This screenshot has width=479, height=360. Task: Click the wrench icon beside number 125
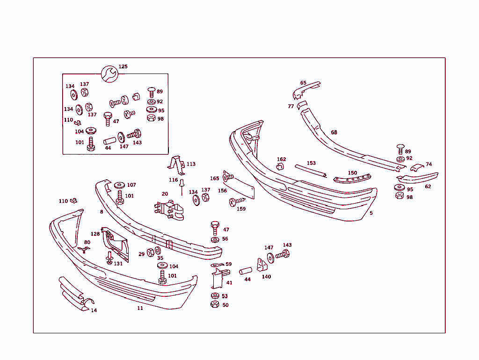click(x=109, y=74)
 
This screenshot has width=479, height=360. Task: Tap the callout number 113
click(x=191, y=164)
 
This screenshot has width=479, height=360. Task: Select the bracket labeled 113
click(x=177, y=165)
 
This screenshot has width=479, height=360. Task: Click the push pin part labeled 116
click(x=182, y=186)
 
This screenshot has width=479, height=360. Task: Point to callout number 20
click(x=165, y=194)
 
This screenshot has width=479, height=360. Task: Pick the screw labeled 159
click(x=237, y=201)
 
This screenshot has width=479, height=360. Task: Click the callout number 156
click(x=222, y=191)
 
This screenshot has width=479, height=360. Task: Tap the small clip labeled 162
click(x=280, y=167)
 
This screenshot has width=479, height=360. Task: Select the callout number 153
click(x=311, y=163)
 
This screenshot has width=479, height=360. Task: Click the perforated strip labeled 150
click(x=352, y=179)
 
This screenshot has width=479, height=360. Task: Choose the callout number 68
click(x=334, y=132)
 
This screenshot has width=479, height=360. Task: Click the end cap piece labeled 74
click(x=417, y=167)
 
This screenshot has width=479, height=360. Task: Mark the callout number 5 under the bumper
click(x=371, y=213)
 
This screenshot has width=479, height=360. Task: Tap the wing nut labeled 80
click(x=83, y=250)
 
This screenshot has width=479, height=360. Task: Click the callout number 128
click(x=95, y=234)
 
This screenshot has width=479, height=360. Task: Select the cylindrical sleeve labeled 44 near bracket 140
click(x=246, y=271)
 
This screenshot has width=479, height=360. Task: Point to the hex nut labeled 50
click(x=215, y=304)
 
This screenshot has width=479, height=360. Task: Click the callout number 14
click(x=94, y=310)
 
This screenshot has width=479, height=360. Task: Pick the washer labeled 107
click(x=119, y=185)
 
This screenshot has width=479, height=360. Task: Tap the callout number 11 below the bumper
click(x=140, y=308)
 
